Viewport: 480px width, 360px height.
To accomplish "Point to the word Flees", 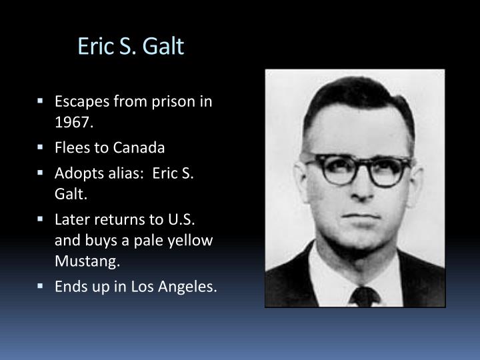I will pyautogui.click(x=71, y=148).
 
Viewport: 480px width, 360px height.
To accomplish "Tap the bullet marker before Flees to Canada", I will pyautogui.click(x=41, y=148).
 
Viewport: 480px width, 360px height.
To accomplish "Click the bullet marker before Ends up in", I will pyautogui.click(x=41, y=287).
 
